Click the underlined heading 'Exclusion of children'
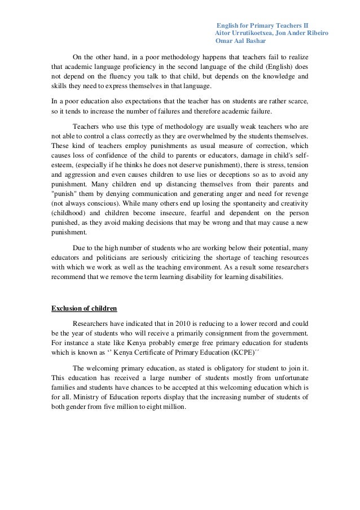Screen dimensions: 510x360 [x=84, y=308]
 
